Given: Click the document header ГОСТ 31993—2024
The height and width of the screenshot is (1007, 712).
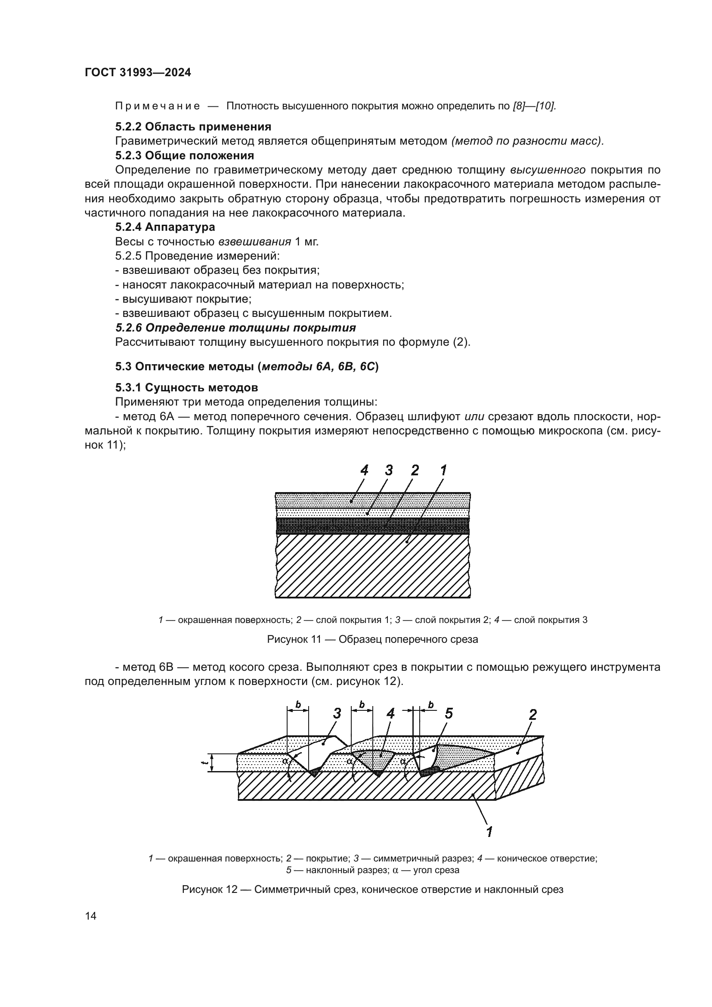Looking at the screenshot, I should tap(138, 73).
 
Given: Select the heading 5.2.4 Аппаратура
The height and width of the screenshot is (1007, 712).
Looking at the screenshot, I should tap(165, 227).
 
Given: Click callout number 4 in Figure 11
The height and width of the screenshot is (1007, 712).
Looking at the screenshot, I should tap(364, 471).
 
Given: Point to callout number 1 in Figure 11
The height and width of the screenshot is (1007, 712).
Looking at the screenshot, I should tap(443, 471).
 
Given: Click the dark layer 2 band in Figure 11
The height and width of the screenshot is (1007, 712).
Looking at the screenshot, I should tap(373, 525).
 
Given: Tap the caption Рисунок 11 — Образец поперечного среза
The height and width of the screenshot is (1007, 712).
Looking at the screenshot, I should tap(372, 639).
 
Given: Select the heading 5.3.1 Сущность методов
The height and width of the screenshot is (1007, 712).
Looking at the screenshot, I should tap(186, 388).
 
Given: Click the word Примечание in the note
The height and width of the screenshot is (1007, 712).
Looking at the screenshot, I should tap(158, 106).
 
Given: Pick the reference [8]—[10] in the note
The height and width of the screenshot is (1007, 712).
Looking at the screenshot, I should tap(534, 106).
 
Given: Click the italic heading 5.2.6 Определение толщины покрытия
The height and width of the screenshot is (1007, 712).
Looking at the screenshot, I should tap(235, 328).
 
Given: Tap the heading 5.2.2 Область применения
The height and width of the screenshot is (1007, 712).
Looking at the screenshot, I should tap(193, 127).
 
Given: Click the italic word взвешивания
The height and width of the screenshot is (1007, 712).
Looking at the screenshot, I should tap(255, 242).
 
